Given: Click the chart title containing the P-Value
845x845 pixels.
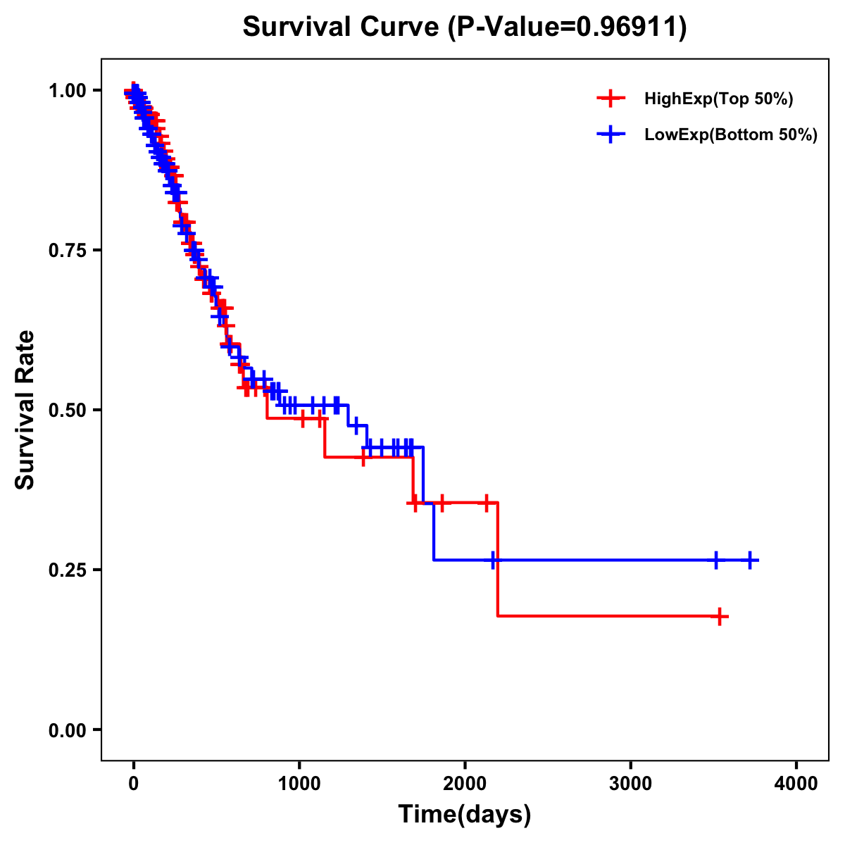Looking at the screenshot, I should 464,27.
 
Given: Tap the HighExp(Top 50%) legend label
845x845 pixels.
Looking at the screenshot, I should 719,99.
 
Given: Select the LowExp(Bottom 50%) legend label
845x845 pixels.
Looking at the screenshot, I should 731,134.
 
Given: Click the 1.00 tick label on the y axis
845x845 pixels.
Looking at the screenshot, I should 68,90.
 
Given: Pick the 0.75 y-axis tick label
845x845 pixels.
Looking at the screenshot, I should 68,250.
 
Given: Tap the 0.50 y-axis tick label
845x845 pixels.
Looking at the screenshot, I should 68,410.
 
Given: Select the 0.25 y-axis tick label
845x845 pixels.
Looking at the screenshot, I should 68,570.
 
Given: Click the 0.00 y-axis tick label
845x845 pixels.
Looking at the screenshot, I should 68,730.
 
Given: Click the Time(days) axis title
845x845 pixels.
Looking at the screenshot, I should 465,815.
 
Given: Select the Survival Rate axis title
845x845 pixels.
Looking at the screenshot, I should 26,410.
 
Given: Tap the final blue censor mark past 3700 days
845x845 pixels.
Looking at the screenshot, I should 751,561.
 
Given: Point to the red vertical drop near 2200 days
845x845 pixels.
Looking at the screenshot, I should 498,560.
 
